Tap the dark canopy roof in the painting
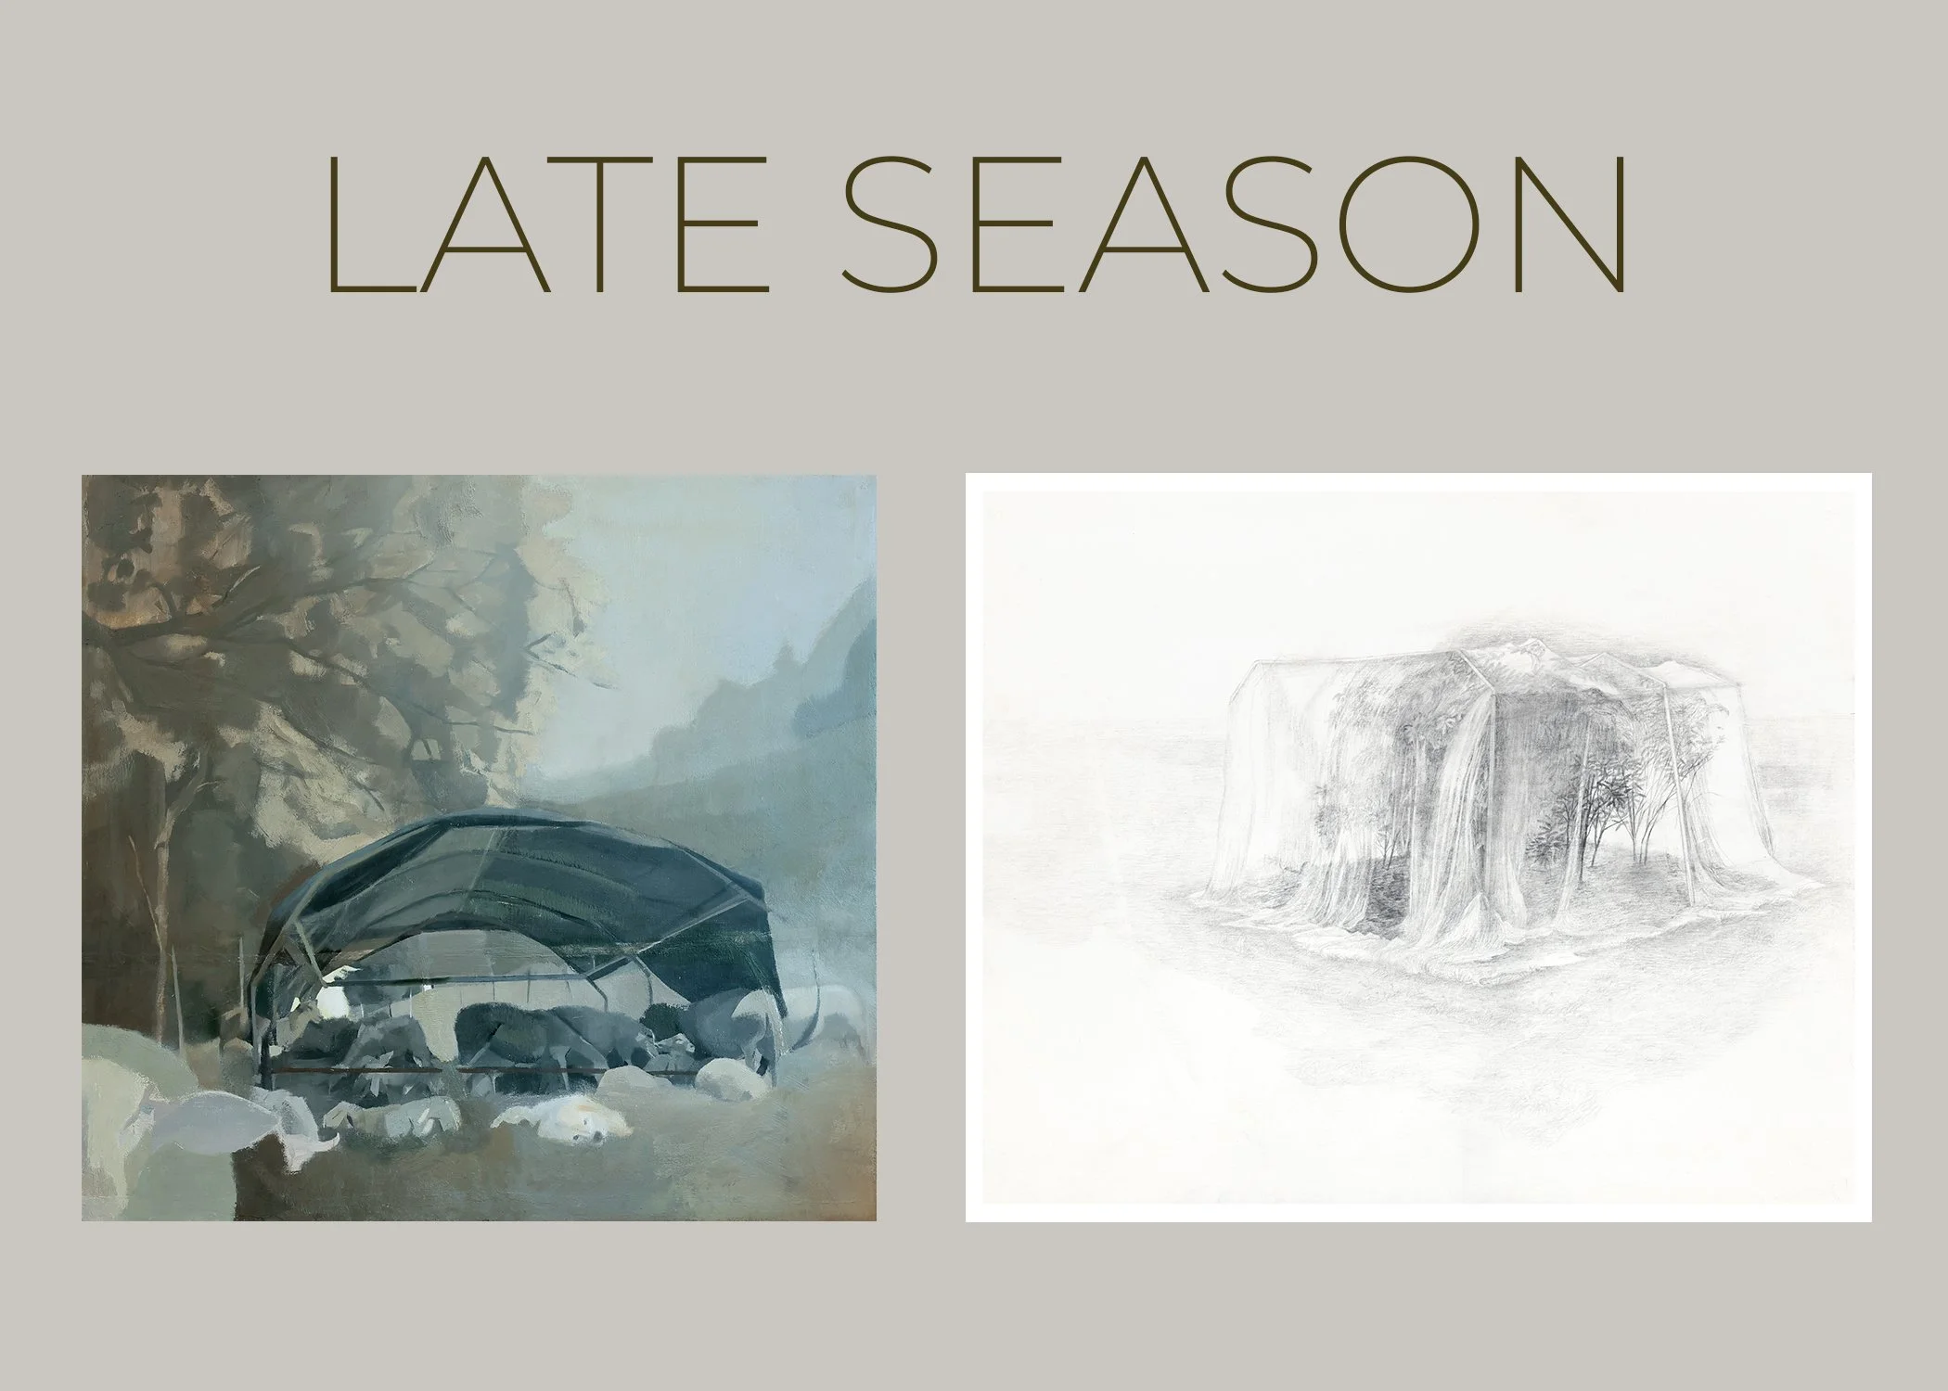tap(519, 867)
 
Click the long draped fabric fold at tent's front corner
tap(1447, 890)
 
